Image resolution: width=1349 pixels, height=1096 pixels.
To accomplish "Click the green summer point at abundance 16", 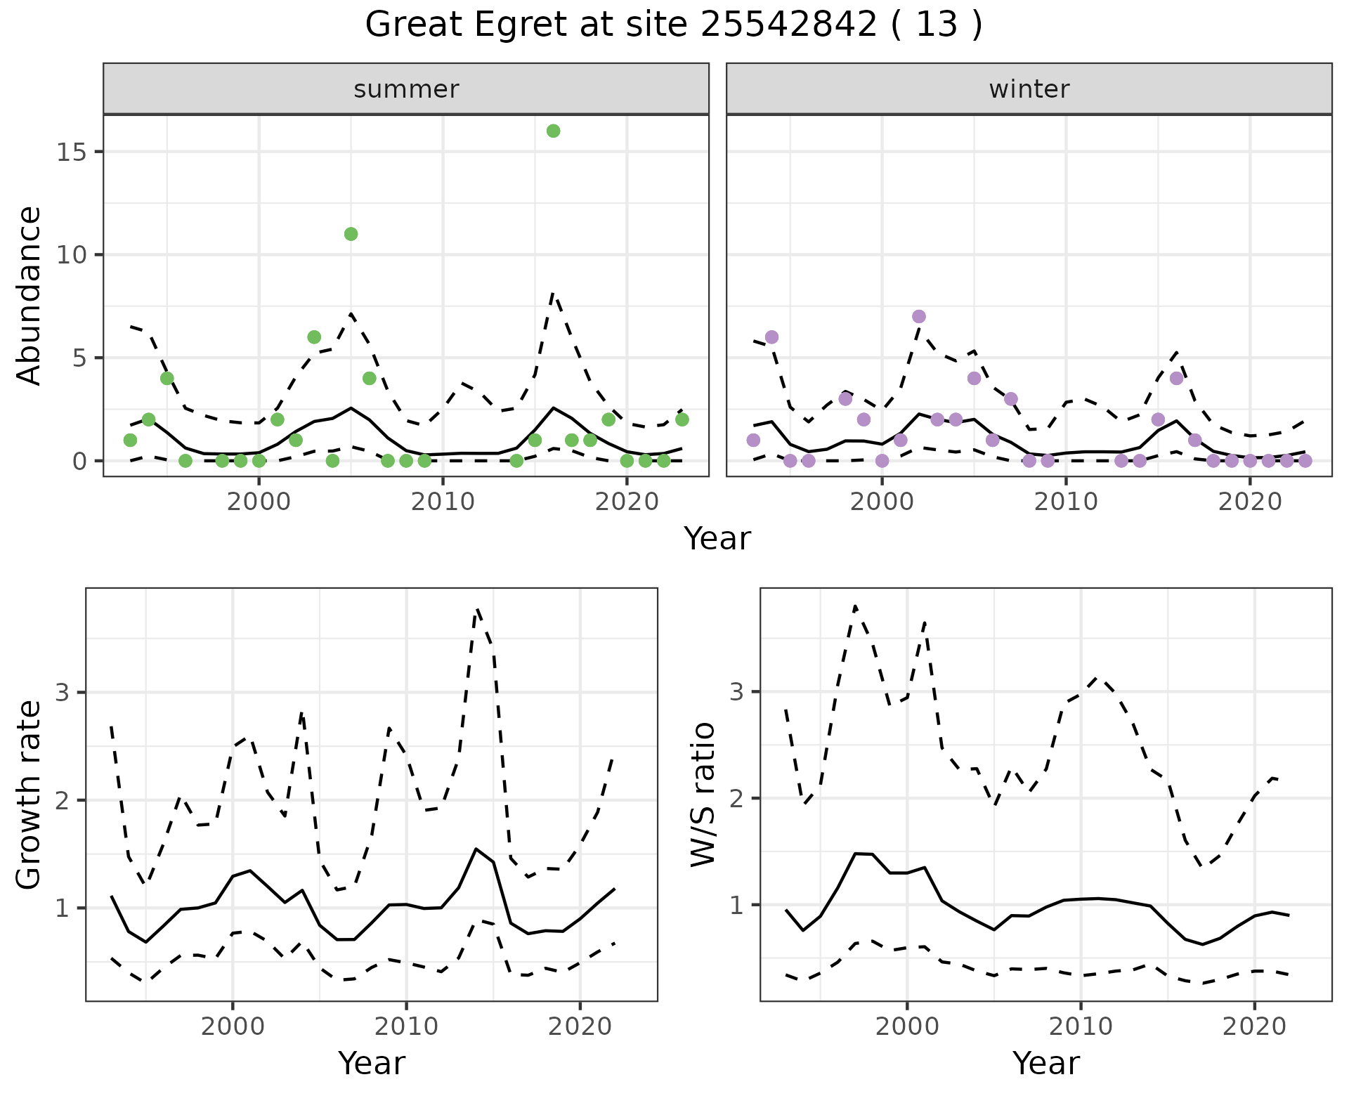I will coord(553,131).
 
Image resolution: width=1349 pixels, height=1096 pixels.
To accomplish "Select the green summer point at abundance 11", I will coord(351,234).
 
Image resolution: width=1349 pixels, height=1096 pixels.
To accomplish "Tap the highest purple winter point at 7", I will coord(919,316).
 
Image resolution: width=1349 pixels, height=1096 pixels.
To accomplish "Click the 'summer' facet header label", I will coord(406,89).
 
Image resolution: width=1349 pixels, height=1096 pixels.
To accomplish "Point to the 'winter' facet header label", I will coord(1029,89).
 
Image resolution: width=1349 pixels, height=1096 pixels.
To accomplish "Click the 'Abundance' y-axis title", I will coord(29,295).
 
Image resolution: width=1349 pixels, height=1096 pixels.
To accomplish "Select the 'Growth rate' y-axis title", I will coord(29,794).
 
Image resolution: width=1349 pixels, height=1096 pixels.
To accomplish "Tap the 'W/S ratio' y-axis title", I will coord(703,794).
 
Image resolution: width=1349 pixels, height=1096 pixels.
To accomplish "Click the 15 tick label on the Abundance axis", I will coord(72,152).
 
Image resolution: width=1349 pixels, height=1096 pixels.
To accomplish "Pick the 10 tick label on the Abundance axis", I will coord(72,255).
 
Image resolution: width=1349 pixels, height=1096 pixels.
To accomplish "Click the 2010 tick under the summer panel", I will coord(443,502).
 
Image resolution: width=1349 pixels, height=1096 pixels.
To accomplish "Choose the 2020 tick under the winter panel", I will coord(1249,502).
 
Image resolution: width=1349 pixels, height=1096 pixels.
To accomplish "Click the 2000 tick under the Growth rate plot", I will coord(233,1026).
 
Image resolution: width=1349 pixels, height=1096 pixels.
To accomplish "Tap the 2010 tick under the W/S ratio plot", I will coord(1081,1026).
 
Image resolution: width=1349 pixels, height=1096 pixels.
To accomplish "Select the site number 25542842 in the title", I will coord(788,25).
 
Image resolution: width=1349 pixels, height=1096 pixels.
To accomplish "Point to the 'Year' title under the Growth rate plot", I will coord(372,1063).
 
